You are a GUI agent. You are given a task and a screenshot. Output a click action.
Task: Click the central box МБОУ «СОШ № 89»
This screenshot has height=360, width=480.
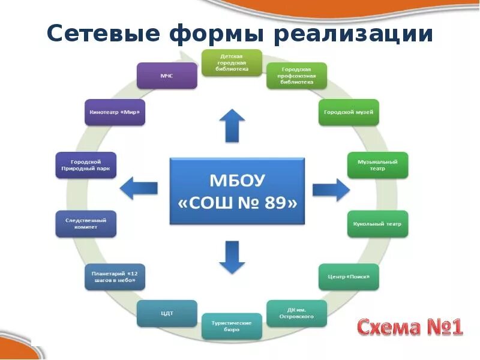238,191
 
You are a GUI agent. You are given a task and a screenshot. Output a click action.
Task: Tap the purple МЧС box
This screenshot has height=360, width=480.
167,76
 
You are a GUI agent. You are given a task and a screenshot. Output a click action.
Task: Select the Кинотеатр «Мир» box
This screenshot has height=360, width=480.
115,112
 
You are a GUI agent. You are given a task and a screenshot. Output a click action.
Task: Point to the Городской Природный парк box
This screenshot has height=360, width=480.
86,166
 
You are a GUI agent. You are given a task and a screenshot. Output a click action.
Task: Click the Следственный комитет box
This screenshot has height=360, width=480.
86,224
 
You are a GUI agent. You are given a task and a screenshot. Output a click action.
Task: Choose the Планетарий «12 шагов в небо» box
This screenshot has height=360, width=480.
114,277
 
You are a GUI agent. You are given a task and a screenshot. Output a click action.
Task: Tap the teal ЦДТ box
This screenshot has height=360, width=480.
167,313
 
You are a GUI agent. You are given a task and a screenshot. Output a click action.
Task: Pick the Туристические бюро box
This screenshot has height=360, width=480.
232,326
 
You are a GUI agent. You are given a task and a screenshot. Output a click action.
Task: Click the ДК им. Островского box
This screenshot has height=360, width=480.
296,313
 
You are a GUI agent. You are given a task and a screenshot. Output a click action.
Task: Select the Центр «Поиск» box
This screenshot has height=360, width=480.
349,277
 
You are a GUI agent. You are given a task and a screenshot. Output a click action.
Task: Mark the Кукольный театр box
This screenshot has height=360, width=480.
378,224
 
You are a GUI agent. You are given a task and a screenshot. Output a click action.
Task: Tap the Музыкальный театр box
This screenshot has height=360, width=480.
378,166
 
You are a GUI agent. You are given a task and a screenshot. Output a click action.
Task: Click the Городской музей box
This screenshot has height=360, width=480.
349,112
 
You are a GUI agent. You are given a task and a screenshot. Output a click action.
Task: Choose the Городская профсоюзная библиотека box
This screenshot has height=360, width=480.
296,76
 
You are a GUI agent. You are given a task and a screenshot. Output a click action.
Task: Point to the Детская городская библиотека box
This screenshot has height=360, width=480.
232,63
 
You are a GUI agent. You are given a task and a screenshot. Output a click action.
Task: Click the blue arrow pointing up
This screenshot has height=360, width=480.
232,125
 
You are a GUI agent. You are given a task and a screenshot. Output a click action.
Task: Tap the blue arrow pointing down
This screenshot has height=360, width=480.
232,257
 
